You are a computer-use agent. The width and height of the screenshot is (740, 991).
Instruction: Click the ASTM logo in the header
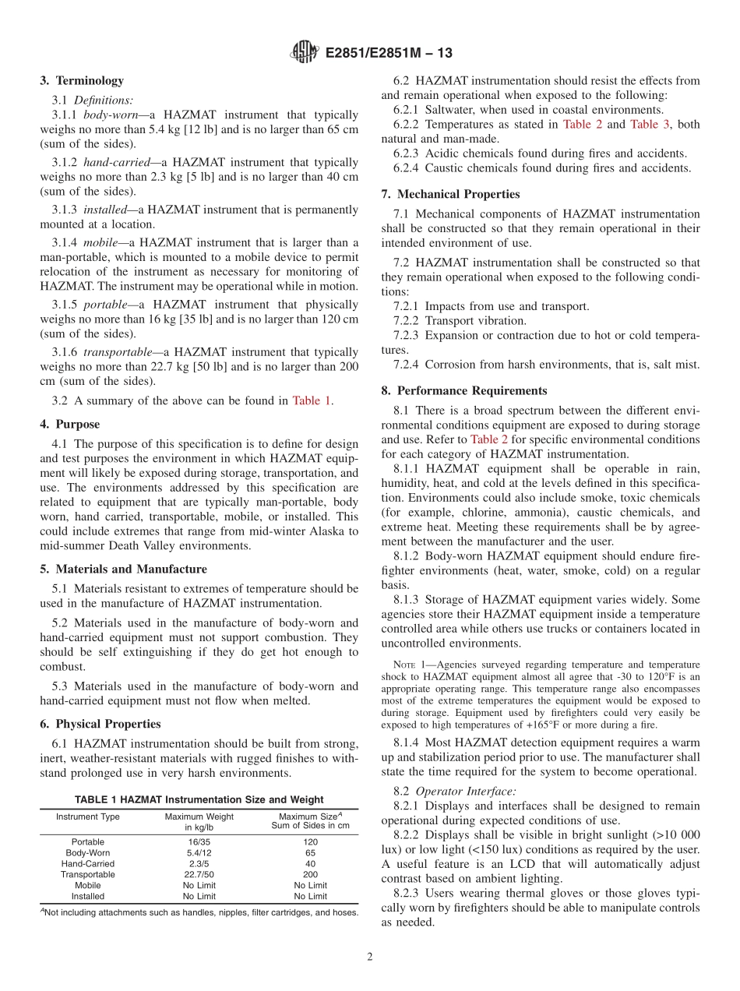tap(304, 53)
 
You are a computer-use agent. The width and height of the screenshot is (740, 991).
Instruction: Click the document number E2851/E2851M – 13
tap(387, 54)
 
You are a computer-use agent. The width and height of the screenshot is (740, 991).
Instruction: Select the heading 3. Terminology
tap(82, 80)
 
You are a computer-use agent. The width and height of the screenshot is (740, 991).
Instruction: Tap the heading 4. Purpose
tap(70, 425)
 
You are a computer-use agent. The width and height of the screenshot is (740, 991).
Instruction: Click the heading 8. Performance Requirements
tap(464, 390)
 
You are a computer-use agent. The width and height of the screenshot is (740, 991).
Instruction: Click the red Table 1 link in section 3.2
tap(311, 401)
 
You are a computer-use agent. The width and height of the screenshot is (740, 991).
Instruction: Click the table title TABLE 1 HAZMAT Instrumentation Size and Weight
tap(199, 799)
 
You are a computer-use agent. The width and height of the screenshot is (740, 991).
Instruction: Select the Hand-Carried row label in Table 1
tap(88, 863)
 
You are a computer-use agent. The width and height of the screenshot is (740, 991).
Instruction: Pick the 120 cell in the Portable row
tap(310, 841)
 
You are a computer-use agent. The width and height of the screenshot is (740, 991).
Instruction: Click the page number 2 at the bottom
tap(370, 957)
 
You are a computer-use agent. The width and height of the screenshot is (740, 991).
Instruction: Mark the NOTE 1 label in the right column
tap(410, 665)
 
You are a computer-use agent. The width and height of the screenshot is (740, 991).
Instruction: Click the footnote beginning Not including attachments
tap(199, 912)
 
